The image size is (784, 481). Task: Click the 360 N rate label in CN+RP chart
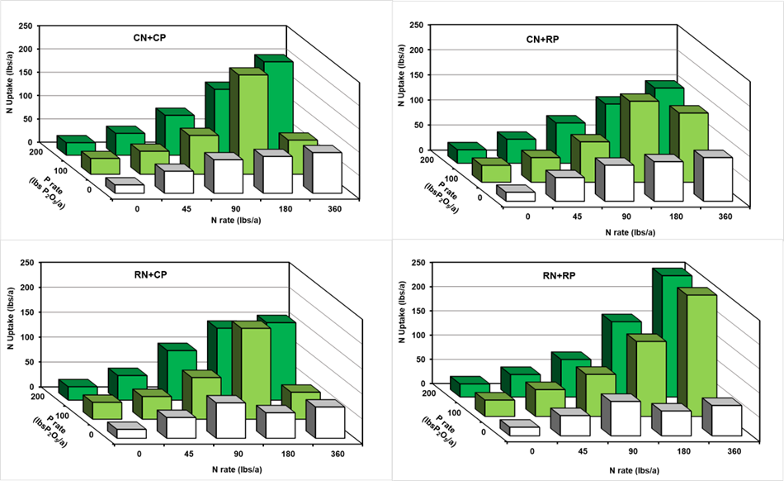coord(725,217)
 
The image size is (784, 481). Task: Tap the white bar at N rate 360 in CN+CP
coord(322,174)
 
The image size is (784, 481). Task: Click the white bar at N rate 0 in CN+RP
coord(520,196)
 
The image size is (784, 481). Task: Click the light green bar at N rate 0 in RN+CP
coord(107,409)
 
